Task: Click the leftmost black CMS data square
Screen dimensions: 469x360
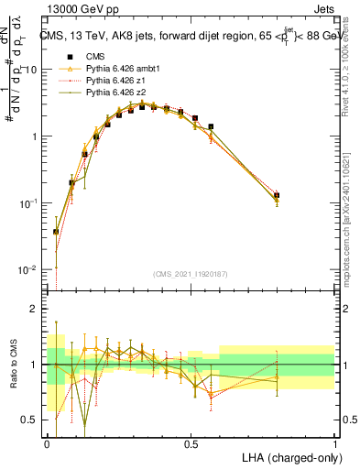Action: [56, 232]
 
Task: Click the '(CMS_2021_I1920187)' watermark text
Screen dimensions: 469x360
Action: [191, 274]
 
